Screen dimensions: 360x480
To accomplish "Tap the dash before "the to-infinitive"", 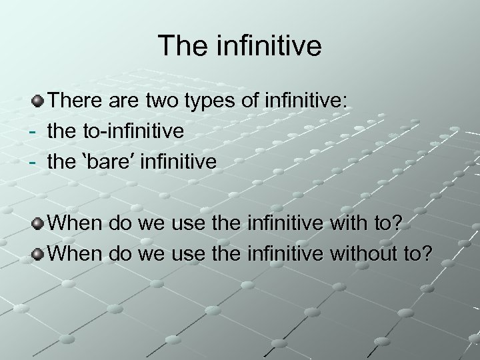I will coord(31,131).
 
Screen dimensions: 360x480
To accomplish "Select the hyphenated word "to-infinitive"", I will coord(133,131).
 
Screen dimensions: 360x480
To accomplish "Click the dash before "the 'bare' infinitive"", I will coord(31,161).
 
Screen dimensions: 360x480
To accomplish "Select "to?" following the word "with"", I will coord(389,222).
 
